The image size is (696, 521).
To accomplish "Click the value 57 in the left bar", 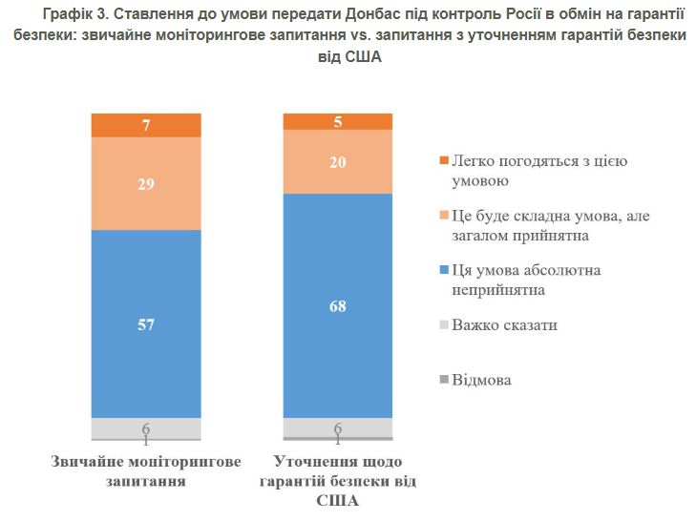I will tap(146, 324).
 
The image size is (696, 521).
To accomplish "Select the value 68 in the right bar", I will tap(338, 306).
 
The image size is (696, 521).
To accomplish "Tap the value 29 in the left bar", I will tap(146, 184).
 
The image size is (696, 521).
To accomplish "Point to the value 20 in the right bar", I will tap(338, 162).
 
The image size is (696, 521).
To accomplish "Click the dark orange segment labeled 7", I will tap(146, 125).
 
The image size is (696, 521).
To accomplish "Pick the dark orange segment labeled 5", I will tap(338, 121).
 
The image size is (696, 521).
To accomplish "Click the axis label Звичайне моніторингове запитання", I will tap(145, 472).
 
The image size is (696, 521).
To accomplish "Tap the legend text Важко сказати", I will tap(505, 325).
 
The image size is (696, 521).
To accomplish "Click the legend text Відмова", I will tap(482, 380).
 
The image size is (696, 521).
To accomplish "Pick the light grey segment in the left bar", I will tap(146, 428).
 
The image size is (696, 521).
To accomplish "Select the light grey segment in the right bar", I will tap(338, 427).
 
